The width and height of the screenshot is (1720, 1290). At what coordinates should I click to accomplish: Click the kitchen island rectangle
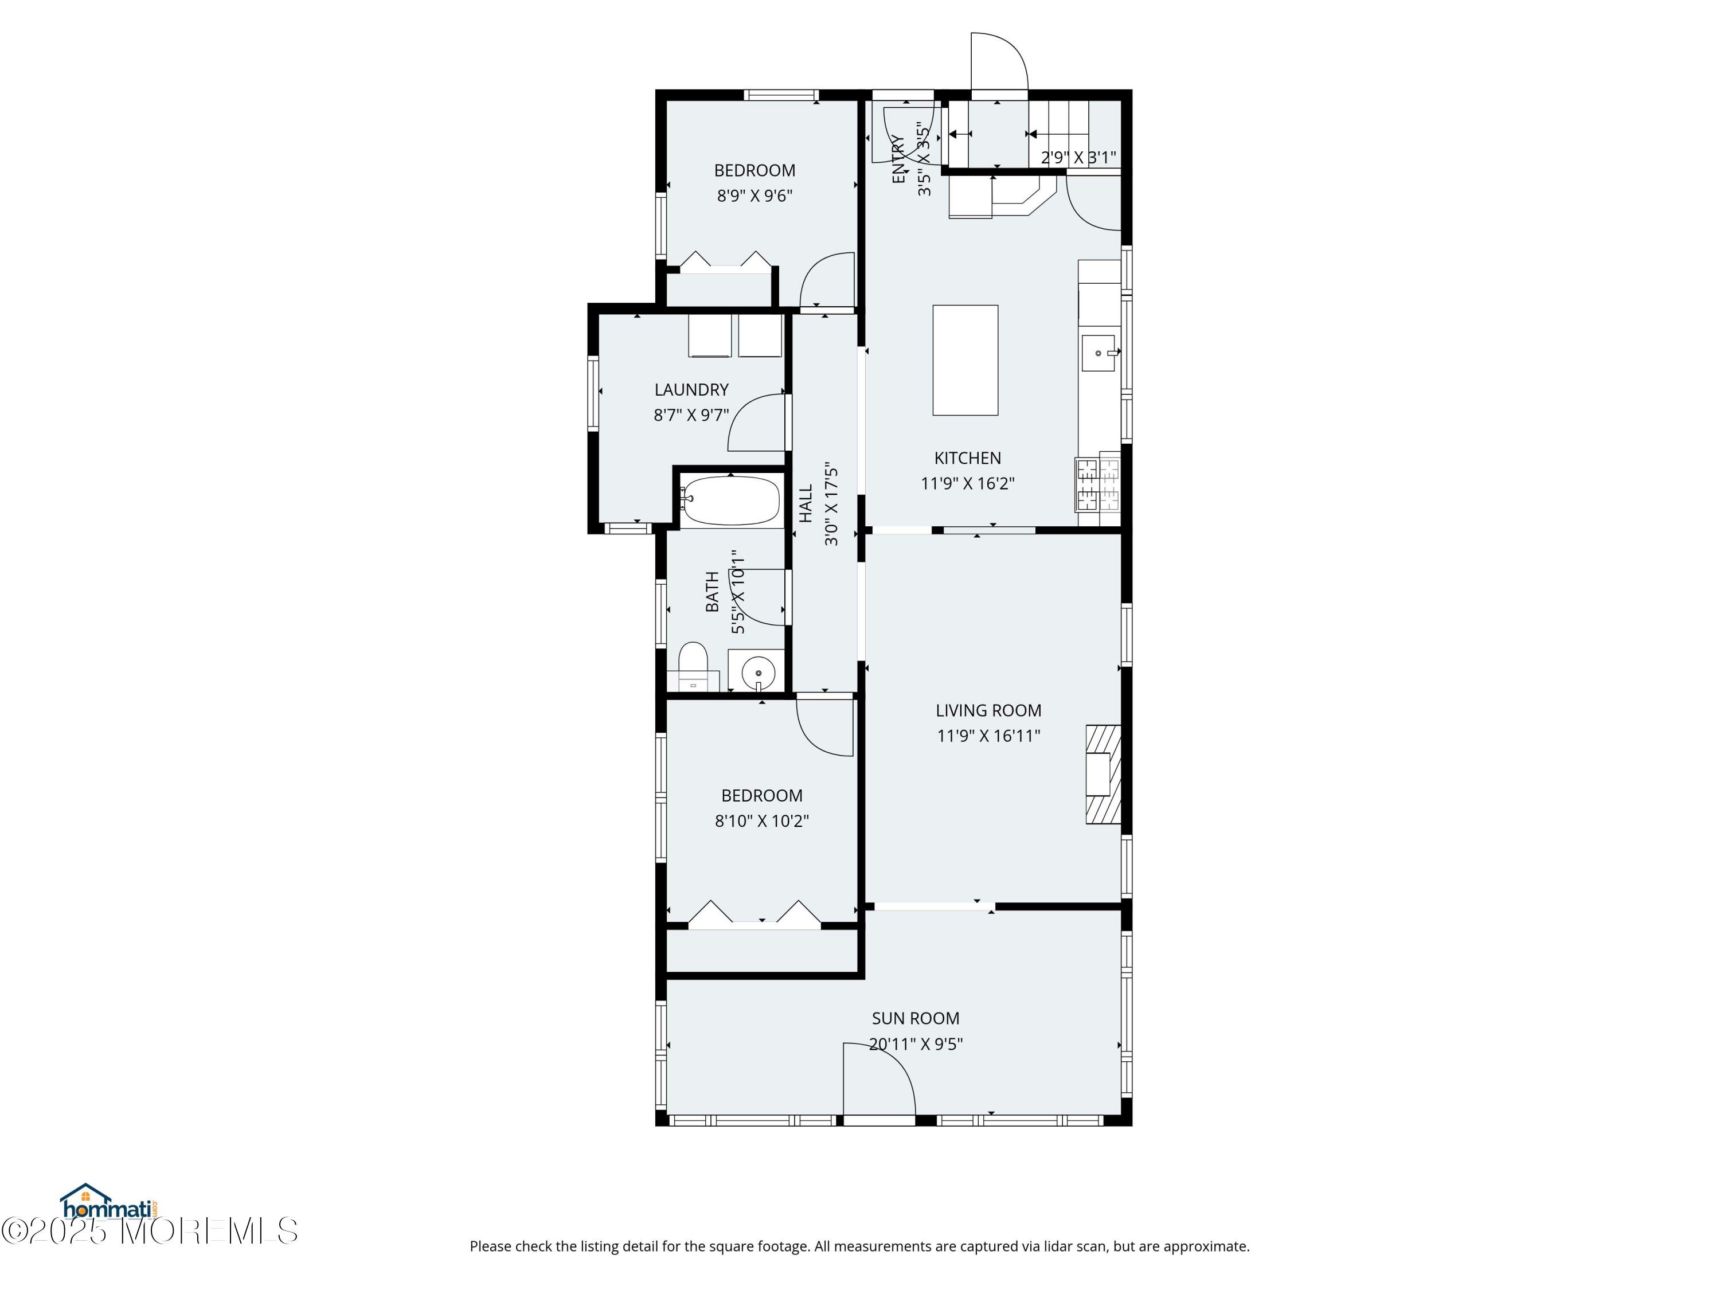(x=965, y=360)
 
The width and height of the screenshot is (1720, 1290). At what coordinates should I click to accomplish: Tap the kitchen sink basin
(x=1098, y=353)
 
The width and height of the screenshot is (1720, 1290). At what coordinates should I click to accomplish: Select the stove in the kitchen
(x=1097, y=484)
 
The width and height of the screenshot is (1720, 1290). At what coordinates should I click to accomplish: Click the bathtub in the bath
(x=730, y=501)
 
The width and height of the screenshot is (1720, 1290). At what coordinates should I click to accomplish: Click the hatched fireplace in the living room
(x=1103, y=773)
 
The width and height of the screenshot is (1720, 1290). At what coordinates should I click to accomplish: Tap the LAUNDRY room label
(x=691, y=389)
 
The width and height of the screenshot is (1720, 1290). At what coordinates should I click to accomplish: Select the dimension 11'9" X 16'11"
(x=988, y=736)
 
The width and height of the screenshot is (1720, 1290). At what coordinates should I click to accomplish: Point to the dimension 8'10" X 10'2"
(x=762, y=820)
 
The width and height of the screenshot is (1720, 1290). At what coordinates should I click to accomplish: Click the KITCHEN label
(x=967, y=458)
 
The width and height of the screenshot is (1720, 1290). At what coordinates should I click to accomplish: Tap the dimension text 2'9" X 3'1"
(x=1078, y=158)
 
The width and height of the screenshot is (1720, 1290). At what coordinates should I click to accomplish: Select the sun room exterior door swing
(x=879, y=1081)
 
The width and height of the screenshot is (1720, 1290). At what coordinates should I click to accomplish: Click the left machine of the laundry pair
(x=710, y=336)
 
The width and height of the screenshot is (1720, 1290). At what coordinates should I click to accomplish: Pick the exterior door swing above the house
(x=999, y=62)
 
